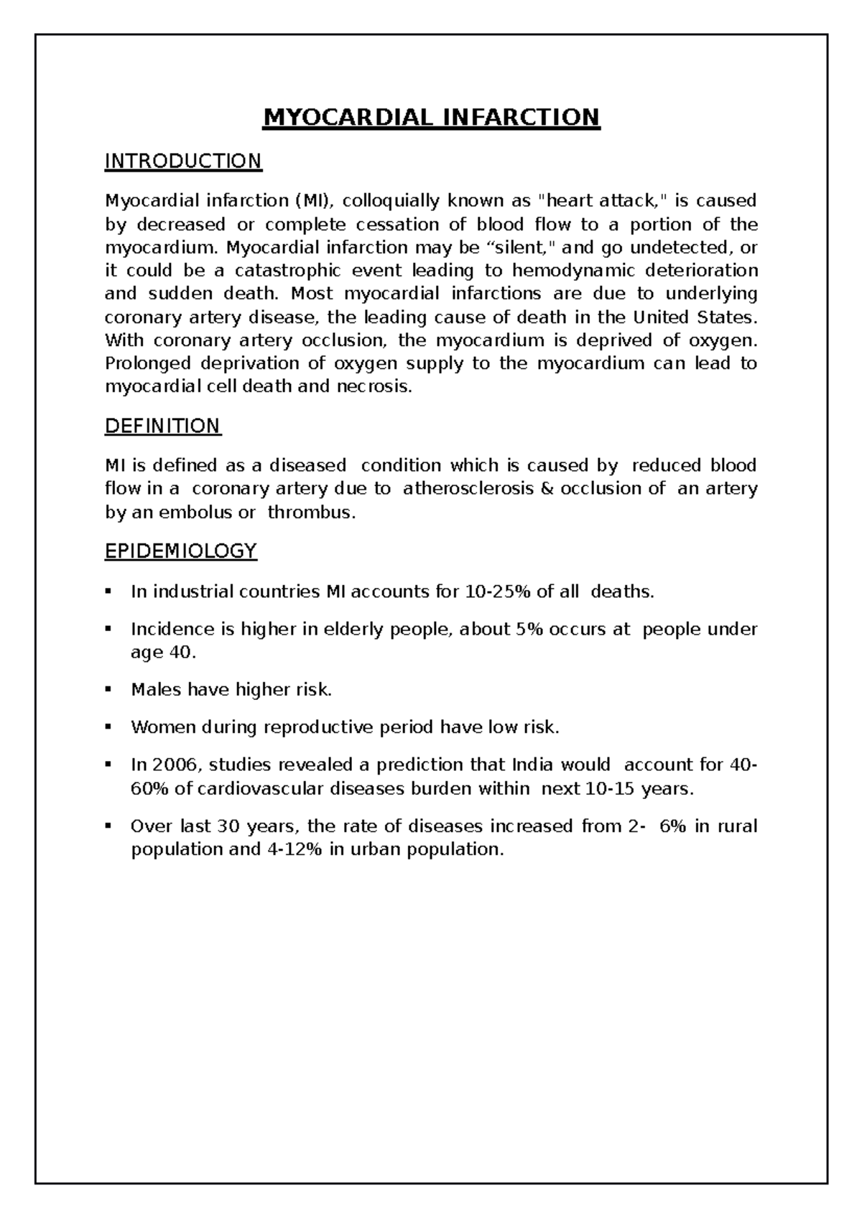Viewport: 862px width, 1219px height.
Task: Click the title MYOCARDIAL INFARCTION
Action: pyautogui.click(x=431, y=116)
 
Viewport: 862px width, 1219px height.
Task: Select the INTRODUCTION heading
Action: pyautogui.click(x=183, y=161)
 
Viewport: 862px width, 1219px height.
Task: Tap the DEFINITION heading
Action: pyautogui.click(x=162, y=426)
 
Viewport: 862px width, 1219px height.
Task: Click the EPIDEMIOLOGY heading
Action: pyautogui.click(x=180, y=551)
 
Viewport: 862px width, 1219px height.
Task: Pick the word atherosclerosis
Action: pyautogui.click(x=469, y=489)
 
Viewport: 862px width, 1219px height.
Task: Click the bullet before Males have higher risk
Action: pyautogui.click(x=108, y=689)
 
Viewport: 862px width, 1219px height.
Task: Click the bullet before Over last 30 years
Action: pyautogui.click(x=108, y=826)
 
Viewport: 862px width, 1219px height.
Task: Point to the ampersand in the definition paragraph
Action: pyautogui.click(x=548, y=489)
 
